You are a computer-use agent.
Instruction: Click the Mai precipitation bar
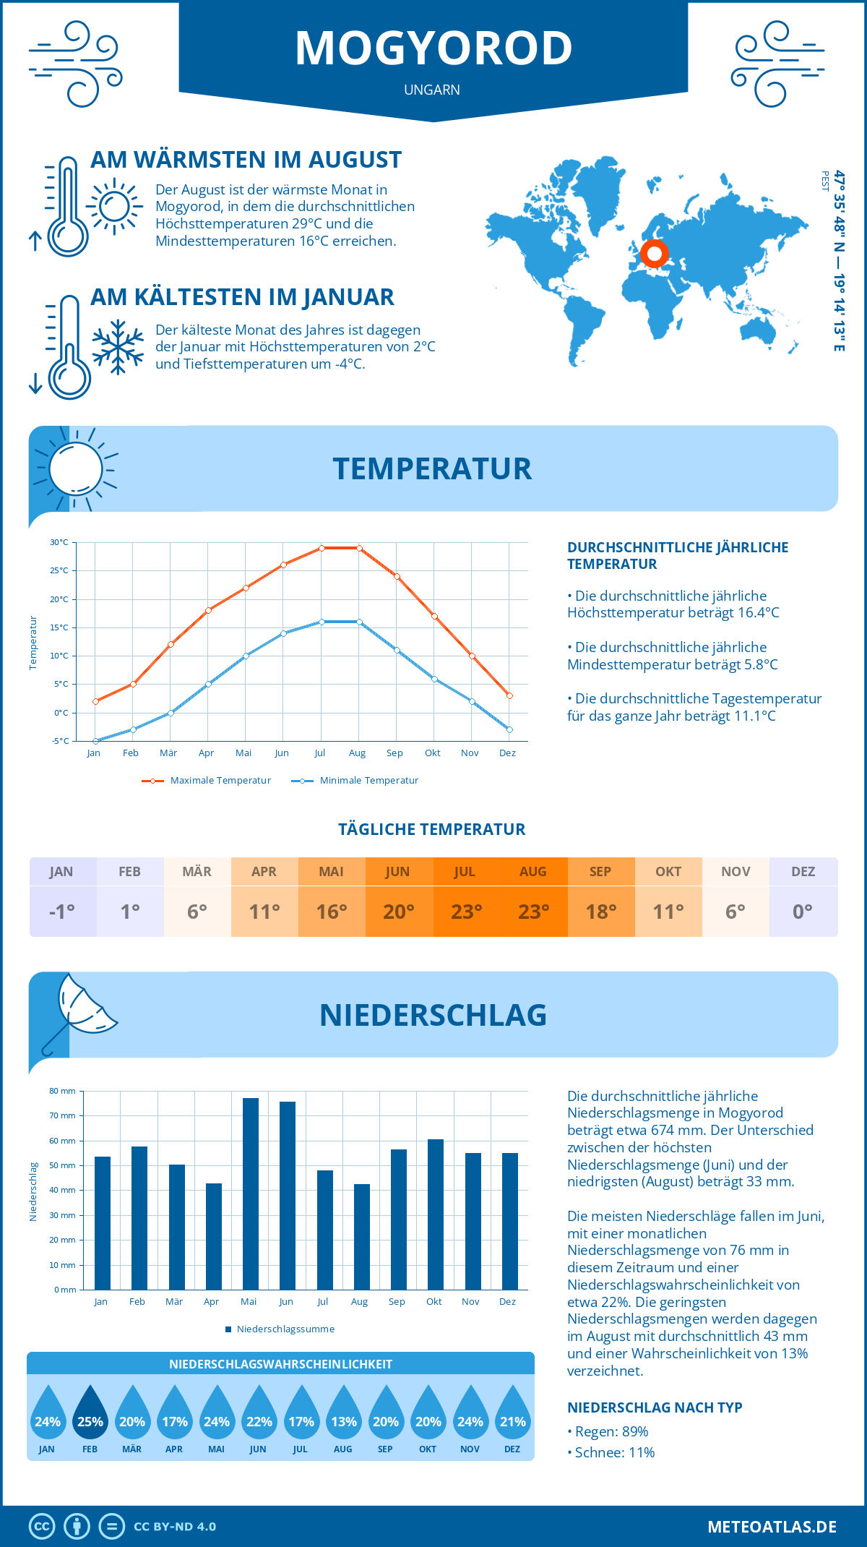[x=250, y=1194]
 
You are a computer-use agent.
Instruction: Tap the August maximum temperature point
[x=359, y=548]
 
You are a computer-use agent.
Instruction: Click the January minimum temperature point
[x=95, y=741]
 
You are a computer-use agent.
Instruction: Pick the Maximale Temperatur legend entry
[x=207, y=781]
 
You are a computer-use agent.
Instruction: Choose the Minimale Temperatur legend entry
[x=355, y=781]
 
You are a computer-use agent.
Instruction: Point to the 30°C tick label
[x=59, y=542]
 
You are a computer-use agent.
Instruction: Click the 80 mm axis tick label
[x=62, y=1091]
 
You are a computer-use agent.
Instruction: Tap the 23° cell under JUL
[x=466, y=912]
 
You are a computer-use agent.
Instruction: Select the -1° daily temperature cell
[x=62, y=912]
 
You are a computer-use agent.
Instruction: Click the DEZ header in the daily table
[x=803, y=872]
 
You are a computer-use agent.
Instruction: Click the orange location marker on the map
[x=655, y=254]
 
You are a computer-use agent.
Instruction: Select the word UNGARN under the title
[x=432, y=90]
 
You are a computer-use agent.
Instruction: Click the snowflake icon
[x=118, y=347]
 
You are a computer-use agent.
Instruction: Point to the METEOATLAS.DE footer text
[x=772, y=1527]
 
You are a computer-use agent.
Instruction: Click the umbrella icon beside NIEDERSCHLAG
[x=79, y=1011]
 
